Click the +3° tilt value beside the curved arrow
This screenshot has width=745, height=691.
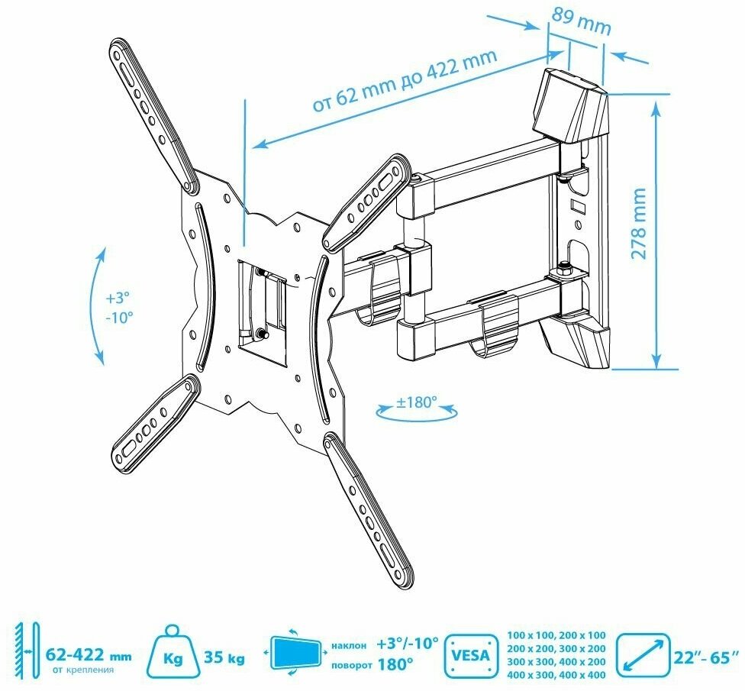[120, 296]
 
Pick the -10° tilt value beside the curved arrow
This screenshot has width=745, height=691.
[120, 315]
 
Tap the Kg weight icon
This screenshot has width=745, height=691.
[175, 656]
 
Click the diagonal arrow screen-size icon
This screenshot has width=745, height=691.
[643, 656]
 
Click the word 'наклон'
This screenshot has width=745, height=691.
[352, 645]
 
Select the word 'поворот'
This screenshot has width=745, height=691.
[352, 664]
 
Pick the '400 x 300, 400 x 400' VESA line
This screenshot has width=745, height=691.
[555, 674]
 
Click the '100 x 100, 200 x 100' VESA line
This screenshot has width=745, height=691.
[555, 635]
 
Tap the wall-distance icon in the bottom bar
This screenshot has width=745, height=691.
[24, 653]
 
